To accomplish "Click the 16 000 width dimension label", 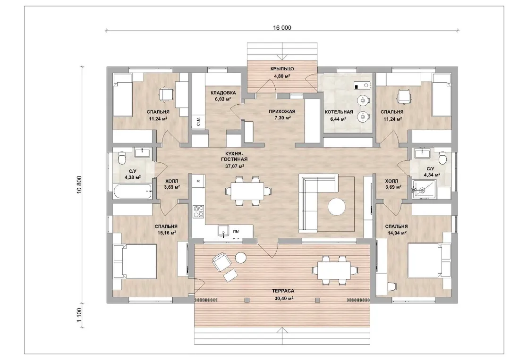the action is tap(282, 28).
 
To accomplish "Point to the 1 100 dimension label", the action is tap(80, 315).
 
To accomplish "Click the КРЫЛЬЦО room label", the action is tap(282, 69).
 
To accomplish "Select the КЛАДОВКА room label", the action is tap(223, 93).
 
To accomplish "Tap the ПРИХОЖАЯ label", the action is tap(282, 112).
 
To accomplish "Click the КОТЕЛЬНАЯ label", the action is tap(339, 112).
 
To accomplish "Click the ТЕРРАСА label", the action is tap(283, 291).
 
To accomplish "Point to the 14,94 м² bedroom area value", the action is tap(396, 233).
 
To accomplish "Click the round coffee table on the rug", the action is tap(337, 207).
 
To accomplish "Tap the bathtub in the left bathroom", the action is tap(133, 192).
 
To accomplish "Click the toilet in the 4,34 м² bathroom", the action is tap(442, 158).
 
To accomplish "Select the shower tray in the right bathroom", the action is tap(423, 189).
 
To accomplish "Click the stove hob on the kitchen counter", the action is tap(198, 211).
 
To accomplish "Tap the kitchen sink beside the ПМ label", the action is tap(223, 230).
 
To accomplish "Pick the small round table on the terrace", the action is tap(241, 257).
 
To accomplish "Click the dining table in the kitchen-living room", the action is tap(247, 191).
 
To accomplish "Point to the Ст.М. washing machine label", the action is tap(198, 122).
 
